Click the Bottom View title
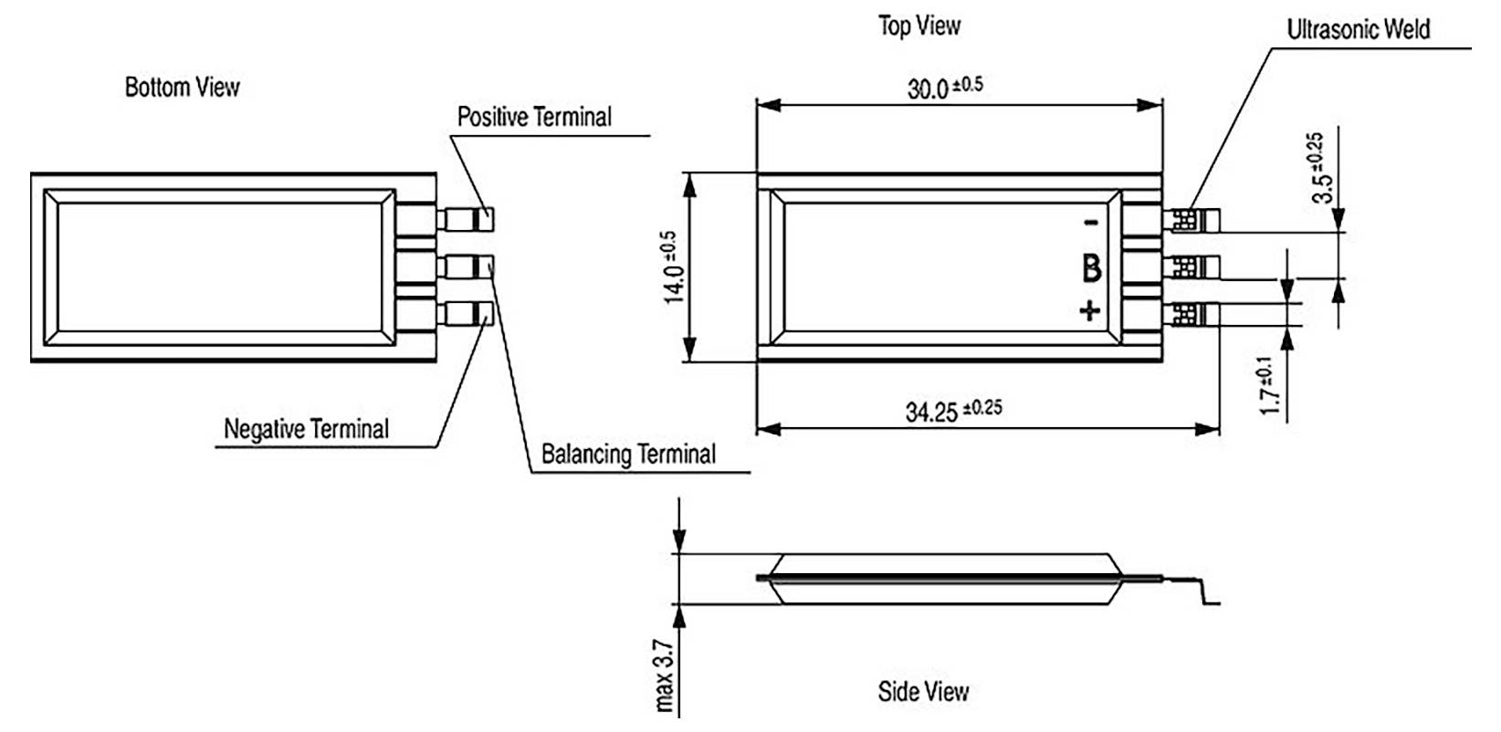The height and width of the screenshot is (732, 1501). (182, 87)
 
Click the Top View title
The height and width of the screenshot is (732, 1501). (918, 26)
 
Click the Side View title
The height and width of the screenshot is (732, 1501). (922, 691)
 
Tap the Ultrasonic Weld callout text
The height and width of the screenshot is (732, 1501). (1358, 29)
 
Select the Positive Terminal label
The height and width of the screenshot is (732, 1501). (534, 117)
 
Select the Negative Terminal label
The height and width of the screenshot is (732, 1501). (306, 429)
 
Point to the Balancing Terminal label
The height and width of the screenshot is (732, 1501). (628, 454)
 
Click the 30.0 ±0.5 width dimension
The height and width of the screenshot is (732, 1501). (944, 88)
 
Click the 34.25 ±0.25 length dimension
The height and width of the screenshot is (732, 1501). (952, 410)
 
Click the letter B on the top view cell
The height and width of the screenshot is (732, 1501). (1091, 268)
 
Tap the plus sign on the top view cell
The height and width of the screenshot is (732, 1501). (1090, 311)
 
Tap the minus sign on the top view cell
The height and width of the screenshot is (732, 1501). (1090, 223)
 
